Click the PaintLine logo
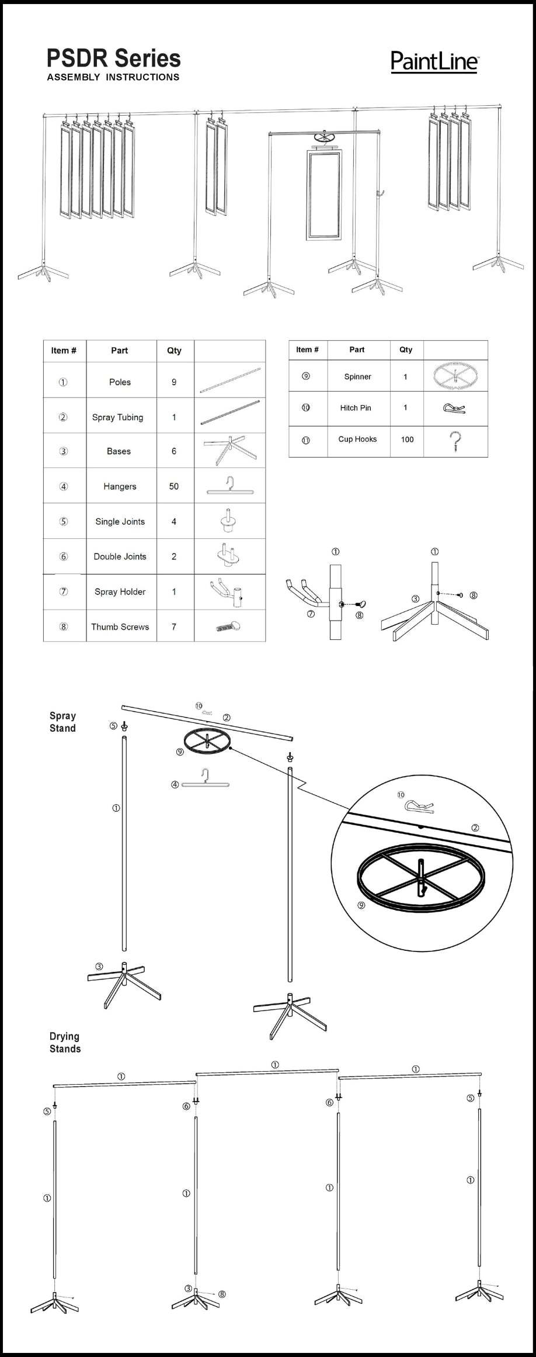434,61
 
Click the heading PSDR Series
114,58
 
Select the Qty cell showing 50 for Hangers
174,486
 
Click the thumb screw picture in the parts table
229,626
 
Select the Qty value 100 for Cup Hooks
407,439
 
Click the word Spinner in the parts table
357,377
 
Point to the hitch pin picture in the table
454,407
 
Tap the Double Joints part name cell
120,556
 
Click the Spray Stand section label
62,722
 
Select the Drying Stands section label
65,1042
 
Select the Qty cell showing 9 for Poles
174,382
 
